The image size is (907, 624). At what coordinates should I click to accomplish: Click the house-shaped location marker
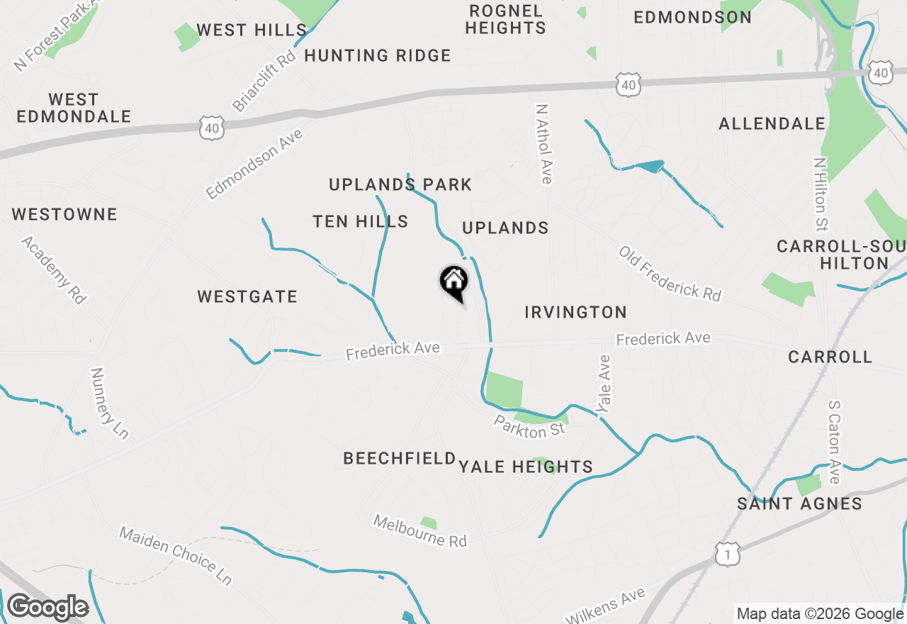pos(454,282)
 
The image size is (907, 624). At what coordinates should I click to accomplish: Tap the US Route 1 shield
pos(728,554)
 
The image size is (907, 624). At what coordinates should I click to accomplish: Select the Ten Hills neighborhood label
pos(361,222)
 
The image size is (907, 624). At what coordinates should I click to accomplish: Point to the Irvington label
pos(576,312)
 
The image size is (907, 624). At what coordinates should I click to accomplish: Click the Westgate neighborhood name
pos(247,296)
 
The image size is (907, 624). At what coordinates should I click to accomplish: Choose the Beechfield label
pos(400,459)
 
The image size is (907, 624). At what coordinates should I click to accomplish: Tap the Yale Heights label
pos(526,467)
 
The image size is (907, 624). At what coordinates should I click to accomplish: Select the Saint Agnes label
pos(799,504)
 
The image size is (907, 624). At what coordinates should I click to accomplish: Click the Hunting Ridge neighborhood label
pos(378,55)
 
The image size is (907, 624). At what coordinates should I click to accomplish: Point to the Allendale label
pos(772,124)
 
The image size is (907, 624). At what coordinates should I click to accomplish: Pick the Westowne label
pos(64,214)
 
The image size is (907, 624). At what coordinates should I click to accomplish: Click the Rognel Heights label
pos(506,20)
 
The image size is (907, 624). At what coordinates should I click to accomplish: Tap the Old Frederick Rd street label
pos(670,273)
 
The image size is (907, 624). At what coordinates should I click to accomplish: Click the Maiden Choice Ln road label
pos(176,555)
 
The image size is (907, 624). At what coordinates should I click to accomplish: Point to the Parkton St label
pos(529,427)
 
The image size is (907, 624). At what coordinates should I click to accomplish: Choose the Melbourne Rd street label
pos(420,531)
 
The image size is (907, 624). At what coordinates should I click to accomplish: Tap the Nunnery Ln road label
pos(111,403)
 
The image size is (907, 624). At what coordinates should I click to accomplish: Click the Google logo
pos(47,608)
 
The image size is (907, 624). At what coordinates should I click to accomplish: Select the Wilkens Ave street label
pos(605,605)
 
